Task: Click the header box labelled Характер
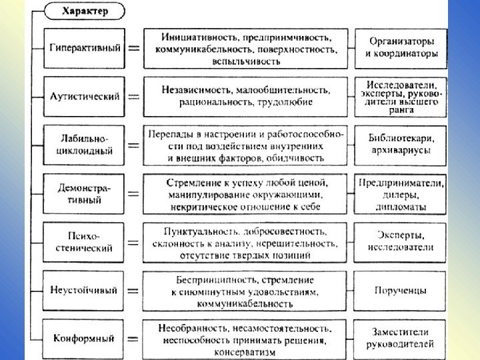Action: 83,11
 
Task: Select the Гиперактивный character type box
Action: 85,49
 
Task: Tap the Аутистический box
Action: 85,96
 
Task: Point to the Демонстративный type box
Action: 85,193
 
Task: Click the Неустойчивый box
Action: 85,291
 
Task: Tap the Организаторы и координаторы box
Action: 399,47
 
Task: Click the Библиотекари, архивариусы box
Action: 399,144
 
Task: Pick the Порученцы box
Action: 399,291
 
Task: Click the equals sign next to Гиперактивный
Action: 134,49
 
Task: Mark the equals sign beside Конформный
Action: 134,338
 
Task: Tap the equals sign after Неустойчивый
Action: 134,291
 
